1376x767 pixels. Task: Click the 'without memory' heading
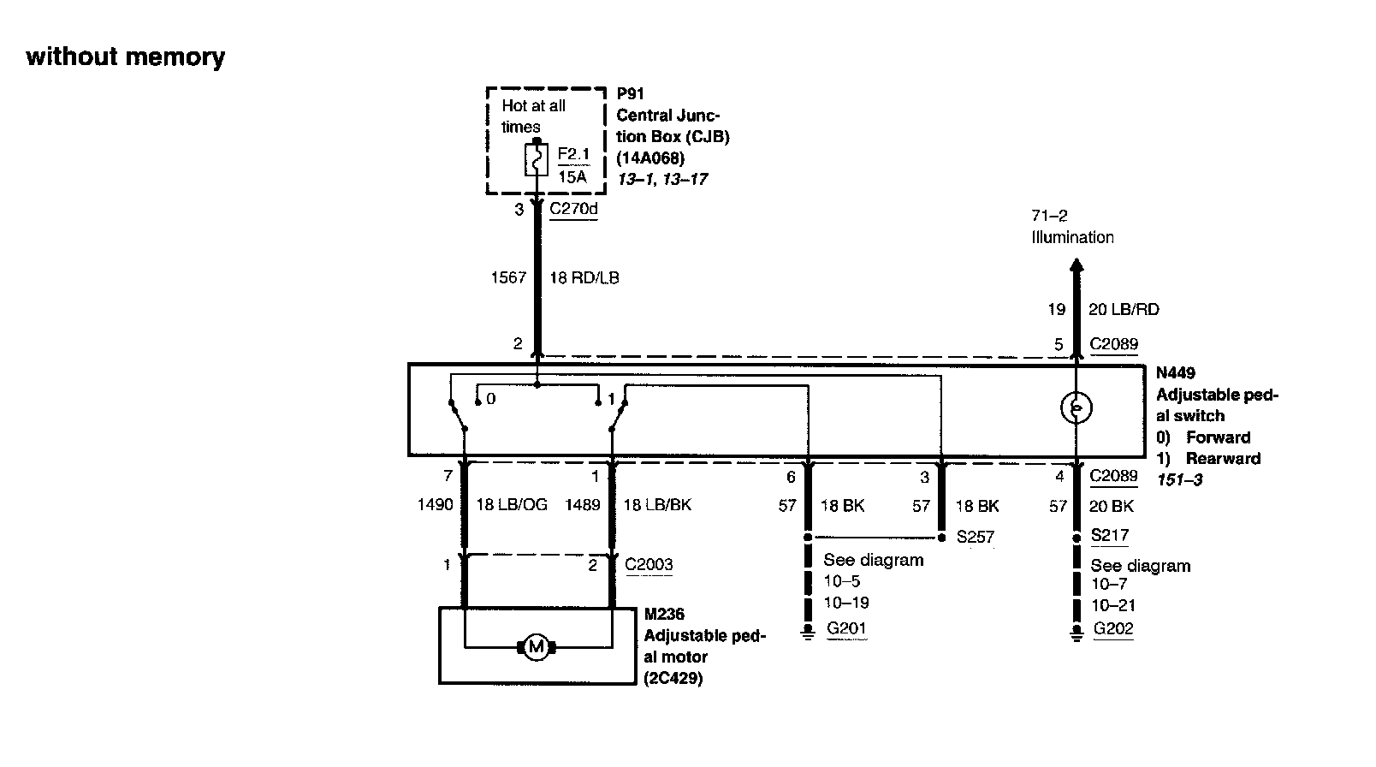pyautogui.click(x=126, y=57)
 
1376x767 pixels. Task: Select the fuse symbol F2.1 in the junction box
pyautogui.click(x=537, y=160)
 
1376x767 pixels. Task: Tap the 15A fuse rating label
pyautogui.click(x=572, y=176)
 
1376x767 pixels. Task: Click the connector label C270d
pyautogui.click(x=573, y=208)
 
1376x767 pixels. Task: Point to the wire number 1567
pyautogui.click(x=508, y=277)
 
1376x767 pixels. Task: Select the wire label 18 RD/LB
pyautogui.click(x=584, y=277)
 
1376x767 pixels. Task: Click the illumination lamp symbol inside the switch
pyautogui.click(x=1076, y=408)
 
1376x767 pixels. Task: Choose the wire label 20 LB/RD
pyautogui.click(x=1124, y=309)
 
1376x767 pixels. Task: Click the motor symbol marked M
pyautogui.click(x=537, y=647)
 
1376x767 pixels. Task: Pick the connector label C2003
pyautogui.click(x=649, y=564)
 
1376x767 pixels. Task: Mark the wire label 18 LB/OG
pyautogui.click(x=511, y=505)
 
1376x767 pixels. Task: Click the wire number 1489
pyautogui.click(x=582, y=505)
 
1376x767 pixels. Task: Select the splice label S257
pyautogui.click(x=976, y=537)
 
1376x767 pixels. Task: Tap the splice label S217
pyautogui.click(x=1110, y=535)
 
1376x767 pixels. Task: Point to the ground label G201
pyautogui.click(x=846, y=628)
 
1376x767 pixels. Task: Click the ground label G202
pyautogui.click(x=1113, y=628)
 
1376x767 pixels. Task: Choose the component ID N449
pyautogui.click(x=1176, y=373)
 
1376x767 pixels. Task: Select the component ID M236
pyautogui.click(x=664, y=615)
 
